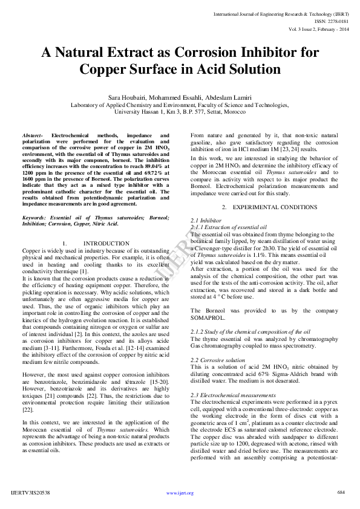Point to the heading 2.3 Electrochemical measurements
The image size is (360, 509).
tap(233, 395)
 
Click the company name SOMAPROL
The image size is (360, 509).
tap(208, 317)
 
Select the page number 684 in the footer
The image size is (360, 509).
tap(341, 492)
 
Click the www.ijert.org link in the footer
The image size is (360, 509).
tap(180, 493)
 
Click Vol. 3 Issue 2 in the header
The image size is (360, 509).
tap(318, 28)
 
